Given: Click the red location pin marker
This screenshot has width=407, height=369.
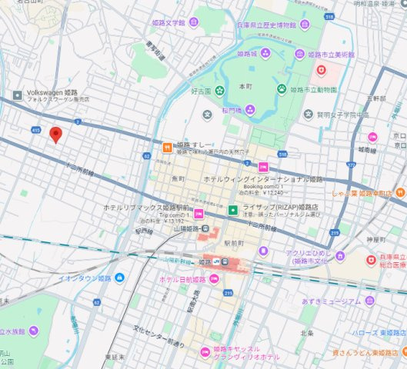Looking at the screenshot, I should (x=55, y=135).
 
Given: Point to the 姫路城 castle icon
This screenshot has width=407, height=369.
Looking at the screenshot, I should (x=265, y=53).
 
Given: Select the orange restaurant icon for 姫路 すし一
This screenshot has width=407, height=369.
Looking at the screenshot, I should (x=166, y=146).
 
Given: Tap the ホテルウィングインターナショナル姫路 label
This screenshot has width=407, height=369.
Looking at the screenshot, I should (x=263, y=178).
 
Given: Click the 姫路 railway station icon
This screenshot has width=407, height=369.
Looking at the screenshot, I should (x=217, y=262).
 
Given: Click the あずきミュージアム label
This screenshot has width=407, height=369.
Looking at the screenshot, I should (x=332, y=301).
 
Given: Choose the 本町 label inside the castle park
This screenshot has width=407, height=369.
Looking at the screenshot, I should (x=245, y=86).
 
